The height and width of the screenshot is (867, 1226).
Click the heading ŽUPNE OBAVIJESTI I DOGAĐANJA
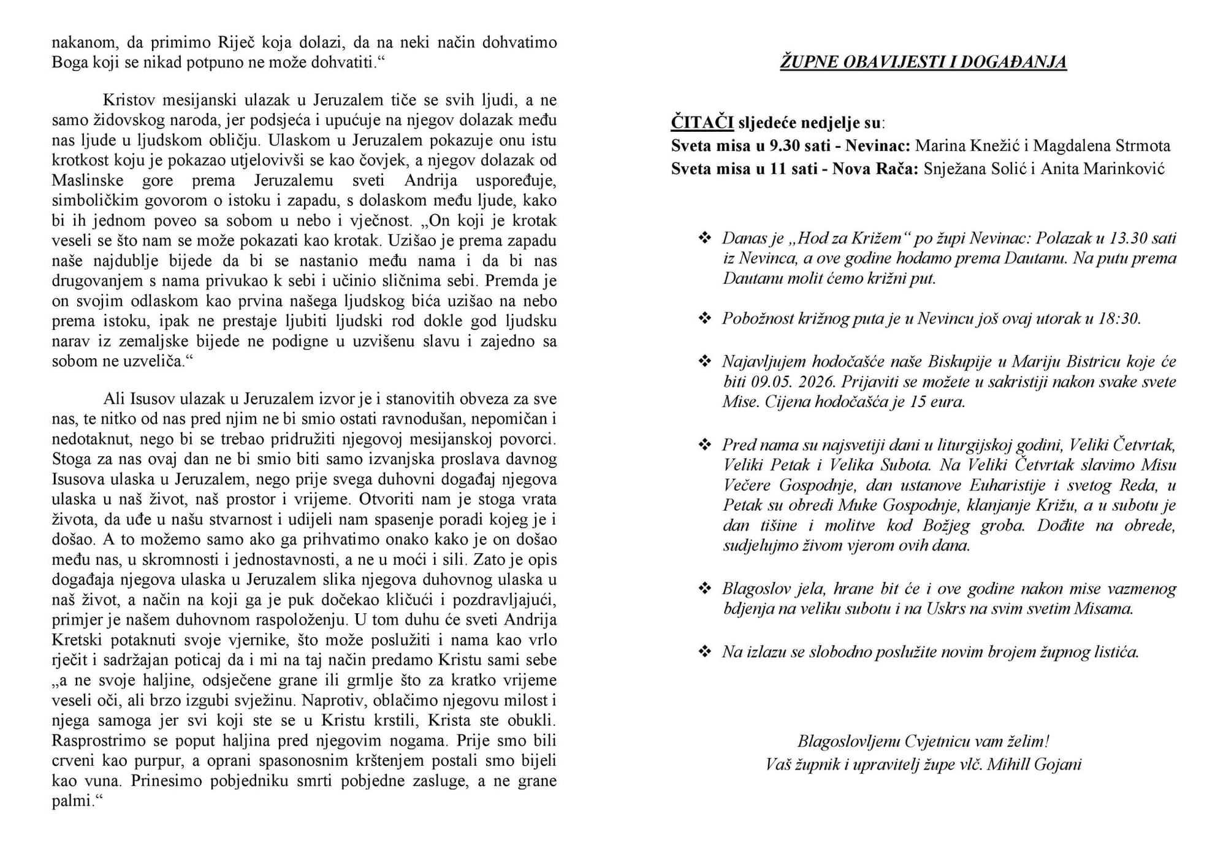[x=923, y=63]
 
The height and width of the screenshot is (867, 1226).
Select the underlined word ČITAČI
[x=702, y=123]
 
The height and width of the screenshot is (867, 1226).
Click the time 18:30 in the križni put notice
[x=1119, y=319]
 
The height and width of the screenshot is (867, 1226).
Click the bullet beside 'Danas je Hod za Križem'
[x=705, y=238]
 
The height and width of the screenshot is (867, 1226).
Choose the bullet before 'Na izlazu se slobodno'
[x=705, y=651]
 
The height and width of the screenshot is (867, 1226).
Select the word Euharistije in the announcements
[x=1007, y=486]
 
